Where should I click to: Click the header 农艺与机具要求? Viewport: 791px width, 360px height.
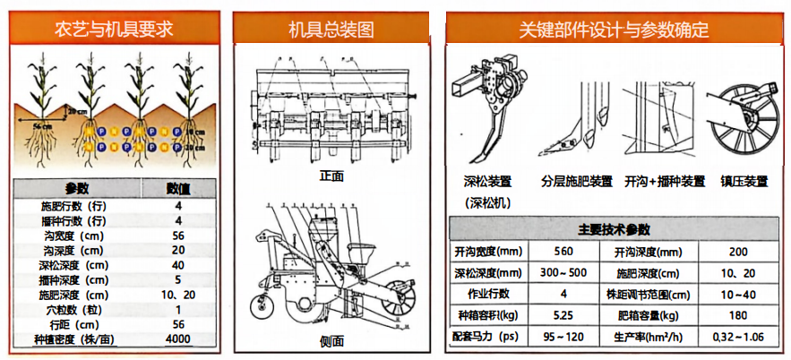(113, 30)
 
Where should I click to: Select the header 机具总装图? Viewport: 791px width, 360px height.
(331, 30)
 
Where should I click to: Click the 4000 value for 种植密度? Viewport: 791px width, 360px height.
(178, 339)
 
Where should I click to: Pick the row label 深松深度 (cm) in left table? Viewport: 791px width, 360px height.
(74, 265)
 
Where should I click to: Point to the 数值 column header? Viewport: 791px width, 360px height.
(178, 188)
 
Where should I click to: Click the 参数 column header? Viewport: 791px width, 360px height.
(76, 188)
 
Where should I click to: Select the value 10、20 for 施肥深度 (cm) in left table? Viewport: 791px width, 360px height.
(178, 295)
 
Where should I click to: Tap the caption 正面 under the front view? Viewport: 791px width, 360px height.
(331, 176)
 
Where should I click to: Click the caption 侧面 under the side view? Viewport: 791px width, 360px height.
(331, 341)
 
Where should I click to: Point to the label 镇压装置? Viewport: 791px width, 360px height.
(744, 181)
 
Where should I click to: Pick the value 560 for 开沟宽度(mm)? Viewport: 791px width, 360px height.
(563, 252)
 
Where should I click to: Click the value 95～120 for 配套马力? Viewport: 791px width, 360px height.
(563, 337)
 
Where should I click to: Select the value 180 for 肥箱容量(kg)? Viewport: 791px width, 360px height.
(737, 315)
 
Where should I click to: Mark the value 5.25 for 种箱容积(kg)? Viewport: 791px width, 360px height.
(563, 315)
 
